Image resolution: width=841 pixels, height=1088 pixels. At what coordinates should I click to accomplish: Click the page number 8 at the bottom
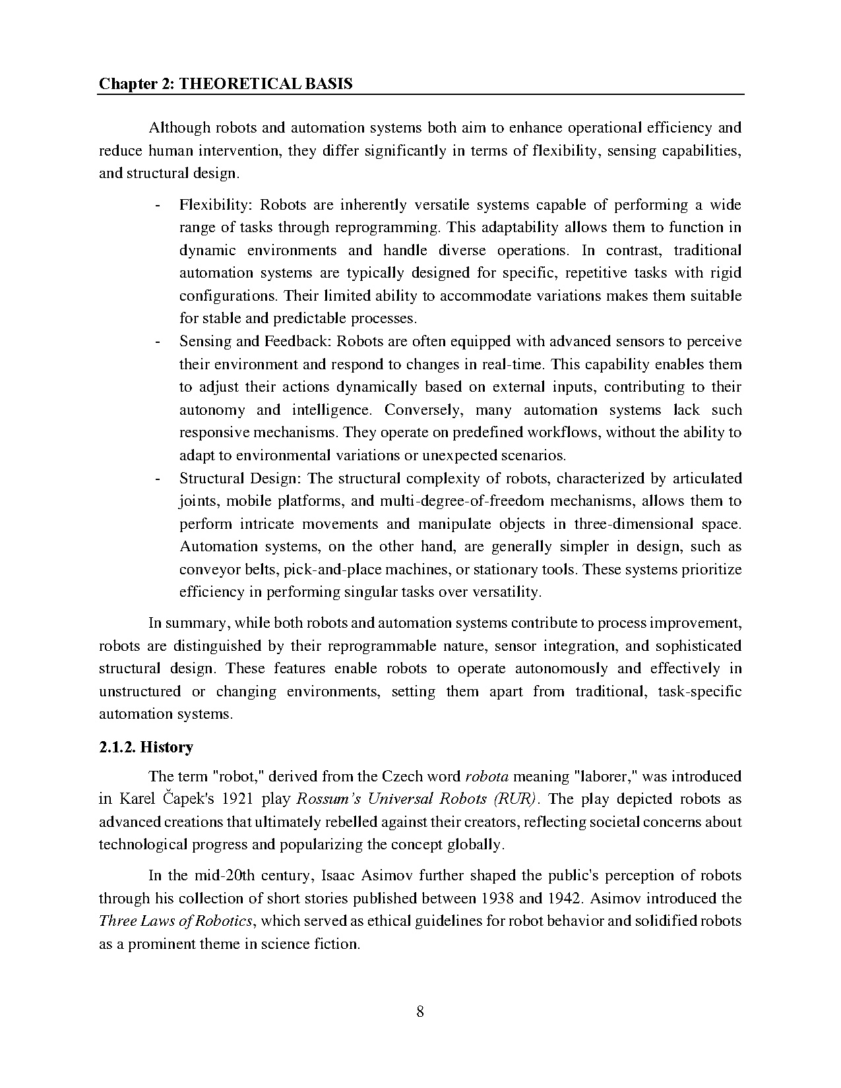(420, 1012)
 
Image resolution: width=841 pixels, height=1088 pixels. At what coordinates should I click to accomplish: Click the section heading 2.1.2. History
(146, 747)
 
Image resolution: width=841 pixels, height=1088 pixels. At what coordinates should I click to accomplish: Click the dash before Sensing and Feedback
(157, 342)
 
